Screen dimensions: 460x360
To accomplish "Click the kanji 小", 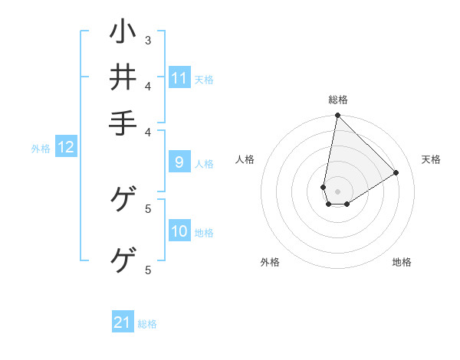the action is click(x=123, y=34).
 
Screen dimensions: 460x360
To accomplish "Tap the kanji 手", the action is click(x=123, y=123).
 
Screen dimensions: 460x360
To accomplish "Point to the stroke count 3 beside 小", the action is click(x=148, y=40).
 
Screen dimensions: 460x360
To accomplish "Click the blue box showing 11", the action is click(x=179, y=78).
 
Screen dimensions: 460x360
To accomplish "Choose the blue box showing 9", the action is click(x=179, y=162).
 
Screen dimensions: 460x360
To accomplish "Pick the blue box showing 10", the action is click(x=179, y=232).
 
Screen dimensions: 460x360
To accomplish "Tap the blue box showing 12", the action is click(x=66, y=148).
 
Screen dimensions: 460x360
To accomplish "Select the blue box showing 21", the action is click(x=123, y=323).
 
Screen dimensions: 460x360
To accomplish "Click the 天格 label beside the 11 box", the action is click(x=204, y=79).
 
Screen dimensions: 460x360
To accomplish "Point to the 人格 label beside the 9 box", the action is click(x=204, y=163).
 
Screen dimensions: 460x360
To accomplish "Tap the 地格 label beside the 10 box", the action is click(x=204, y=233).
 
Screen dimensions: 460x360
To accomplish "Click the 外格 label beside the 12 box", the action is click(x=41, y=149).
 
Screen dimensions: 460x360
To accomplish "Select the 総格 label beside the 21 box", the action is click(x=147, y=324).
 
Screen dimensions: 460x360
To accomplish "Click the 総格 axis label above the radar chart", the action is click(x=338, y=100).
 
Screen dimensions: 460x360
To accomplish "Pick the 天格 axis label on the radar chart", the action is click(x=431, y=159).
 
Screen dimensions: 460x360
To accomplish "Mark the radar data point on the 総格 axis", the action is click(x=337, y=116).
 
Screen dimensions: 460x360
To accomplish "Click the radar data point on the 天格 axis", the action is click(x=396, y=172).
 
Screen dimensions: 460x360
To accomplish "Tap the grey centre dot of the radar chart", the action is click(x=337, y=191).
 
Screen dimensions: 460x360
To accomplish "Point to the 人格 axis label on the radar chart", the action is click(x=245, y=159).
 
